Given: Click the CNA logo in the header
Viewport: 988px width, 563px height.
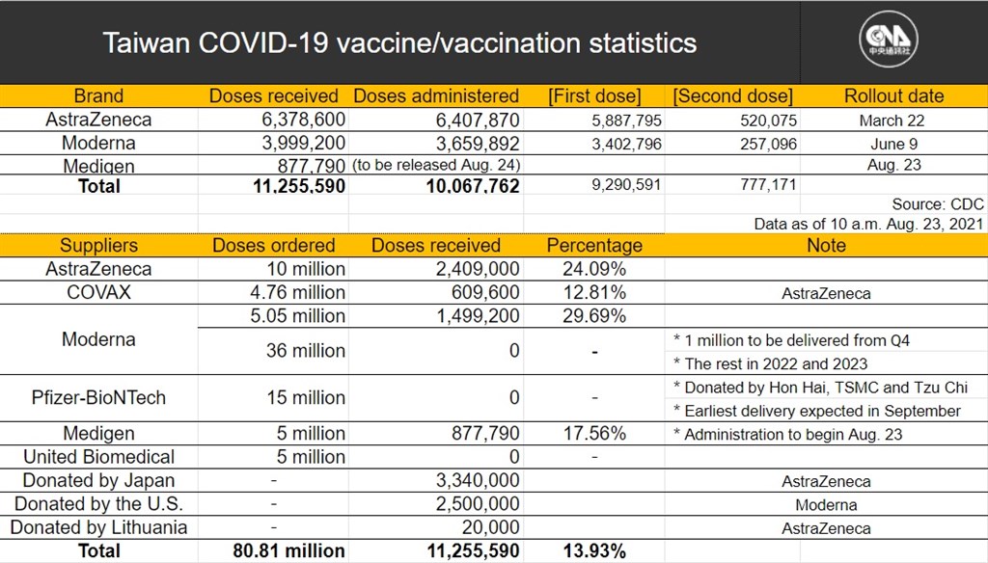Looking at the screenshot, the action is tap(889, 40).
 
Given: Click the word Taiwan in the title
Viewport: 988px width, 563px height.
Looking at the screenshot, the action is tap(147, 42).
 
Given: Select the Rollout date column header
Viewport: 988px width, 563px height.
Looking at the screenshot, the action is tap(893, 95).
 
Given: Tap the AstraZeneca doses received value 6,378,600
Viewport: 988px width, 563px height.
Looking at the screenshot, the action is tap(304, 120).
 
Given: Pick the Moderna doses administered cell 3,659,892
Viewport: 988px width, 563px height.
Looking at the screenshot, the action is tap(478, 144).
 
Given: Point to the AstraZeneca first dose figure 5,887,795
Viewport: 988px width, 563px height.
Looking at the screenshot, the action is tap(626, 121).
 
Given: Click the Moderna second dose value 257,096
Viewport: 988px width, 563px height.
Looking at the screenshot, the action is tap(768, 145).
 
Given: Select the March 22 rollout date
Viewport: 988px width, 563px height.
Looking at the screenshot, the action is tap(892, 121).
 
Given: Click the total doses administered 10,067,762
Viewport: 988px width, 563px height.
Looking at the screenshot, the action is tap(473, 186).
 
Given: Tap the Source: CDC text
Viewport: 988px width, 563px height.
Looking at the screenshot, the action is tap(938, 204).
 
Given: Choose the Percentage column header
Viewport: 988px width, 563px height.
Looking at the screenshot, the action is tap(594, 245).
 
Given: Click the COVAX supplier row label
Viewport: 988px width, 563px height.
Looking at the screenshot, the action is tap(99, 292).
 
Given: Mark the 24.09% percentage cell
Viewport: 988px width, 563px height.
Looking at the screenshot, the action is tap(594, 269).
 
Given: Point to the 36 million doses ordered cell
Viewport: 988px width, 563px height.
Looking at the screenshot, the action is tap(306, 350).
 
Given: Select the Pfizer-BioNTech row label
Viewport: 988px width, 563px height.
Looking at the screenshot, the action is tap(99, 397).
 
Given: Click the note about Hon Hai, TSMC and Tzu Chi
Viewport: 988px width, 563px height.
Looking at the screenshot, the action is tap(820, 388).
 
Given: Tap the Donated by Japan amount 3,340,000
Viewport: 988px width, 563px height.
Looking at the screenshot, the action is tap(478, 480).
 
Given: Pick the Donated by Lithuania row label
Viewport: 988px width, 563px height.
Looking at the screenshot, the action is tap(99, 527).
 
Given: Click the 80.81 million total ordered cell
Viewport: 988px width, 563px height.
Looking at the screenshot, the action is tap(288, 551).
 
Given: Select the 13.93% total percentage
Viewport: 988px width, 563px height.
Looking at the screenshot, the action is tap(594, 551).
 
